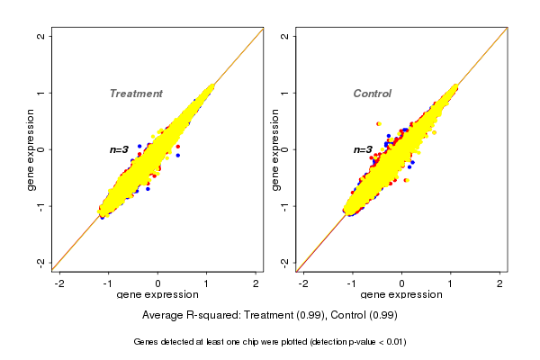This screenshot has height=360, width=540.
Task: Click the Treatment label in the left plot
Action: click(136, 94)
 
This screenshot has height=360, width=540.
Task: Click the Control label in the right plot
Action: click(372, 94)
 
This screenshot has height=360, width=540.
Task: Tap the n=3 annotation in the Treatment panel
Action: click(120, 149)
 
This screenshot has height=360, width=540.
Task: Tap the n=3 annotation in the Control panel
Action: click(363, 149)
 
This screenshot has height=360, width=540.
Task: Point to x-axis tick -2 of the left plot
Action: click(60, 283)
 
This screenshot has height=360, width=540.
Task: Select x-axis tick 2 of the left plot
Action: click(256, 283)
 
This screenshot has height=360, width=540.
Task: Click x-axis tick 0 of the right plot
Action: click(401, 283)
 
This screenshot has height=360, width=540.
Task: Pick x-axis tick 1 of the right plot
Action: click(451, 283)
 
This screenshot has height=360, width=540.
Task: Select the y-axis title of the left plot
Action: click(31, 149)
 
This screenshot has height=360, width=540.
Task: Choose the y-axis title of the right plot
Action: click(274, 149)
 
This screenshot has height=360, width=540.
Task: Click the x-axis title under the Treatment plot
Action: click(158, 295)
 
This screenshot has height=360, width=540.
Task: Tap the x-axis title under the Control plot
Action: click(401, 295)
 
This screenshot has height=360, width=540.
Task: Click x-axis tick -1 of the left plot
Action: click(109, 283)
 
